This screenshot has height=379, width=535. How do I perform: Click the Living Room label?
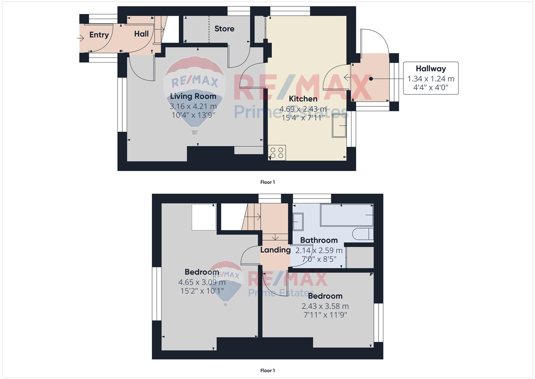click(193, 96)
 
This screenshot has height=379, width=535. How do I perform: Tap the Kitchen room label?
click(303, 99)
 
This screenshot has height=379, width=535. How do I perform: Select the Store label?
click(224, 29)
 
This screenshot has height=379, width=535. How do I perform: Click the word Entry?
click(99, 35)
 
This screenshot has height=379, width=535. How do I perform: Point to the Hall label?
click(142, 34)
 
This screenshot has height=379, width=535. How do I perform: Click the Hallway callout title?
click(431, 69)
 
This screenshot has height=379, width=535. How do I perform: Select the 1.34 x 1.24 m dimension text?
click(431, 79)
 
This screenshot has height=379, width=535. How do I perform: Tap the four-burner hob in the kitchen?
click(277, 153)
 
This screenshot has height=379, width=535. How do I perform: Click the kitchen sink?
click(339, 126)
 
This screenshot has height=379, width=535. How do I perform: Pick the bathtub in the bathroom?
click(347, 215)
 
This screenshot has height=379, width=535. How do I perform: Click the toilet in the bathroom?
click(363, 234)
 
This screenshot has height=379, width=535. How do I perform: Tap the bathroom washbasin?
click(298, 222)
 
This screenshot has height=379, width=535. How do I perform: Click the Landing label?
click(275, 250)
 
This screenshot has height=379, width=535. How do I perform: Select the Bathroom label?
click(319, 240)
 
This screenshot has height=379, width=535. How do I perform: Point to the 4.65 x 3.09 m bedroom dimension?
click(202, 282)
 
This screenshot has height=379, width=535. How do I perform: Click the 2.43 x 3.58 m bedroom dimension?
click(325, 306)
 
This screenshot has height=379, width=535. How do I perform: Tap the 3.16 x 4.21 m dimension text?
click(193, 106)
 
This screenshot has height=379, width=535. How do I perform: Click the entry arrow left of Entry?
click(81, 38)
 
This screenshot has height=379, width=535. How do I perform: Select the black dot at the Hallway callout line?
click(371, 79)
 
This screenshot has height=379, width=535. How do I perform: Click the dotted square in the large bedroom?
click(204, 217)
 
